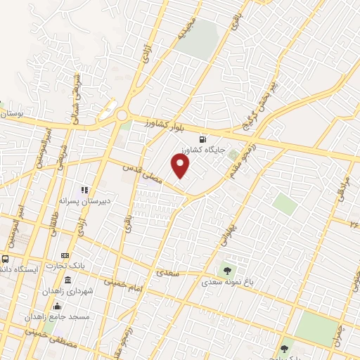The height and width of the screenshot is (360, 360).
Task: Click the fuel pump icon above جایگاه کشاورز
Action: point(203,139)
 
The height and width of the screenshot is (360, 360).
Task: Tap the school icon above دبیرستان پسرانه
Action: point(84,189)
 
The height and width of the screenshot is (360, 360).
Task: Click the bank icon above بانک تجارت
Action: point(65,255)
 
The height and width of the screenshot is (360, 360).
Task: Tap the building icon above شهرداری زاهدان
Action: point(67,280)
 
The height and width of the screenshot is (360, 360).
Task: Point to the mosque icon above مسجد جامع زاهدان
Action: point(57,306)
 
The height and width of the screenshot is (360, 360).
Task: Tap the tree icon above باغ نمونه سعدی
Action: point(226,269)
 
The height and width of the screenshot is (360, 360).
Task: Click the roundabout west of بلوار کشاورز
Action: point(123,115)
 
